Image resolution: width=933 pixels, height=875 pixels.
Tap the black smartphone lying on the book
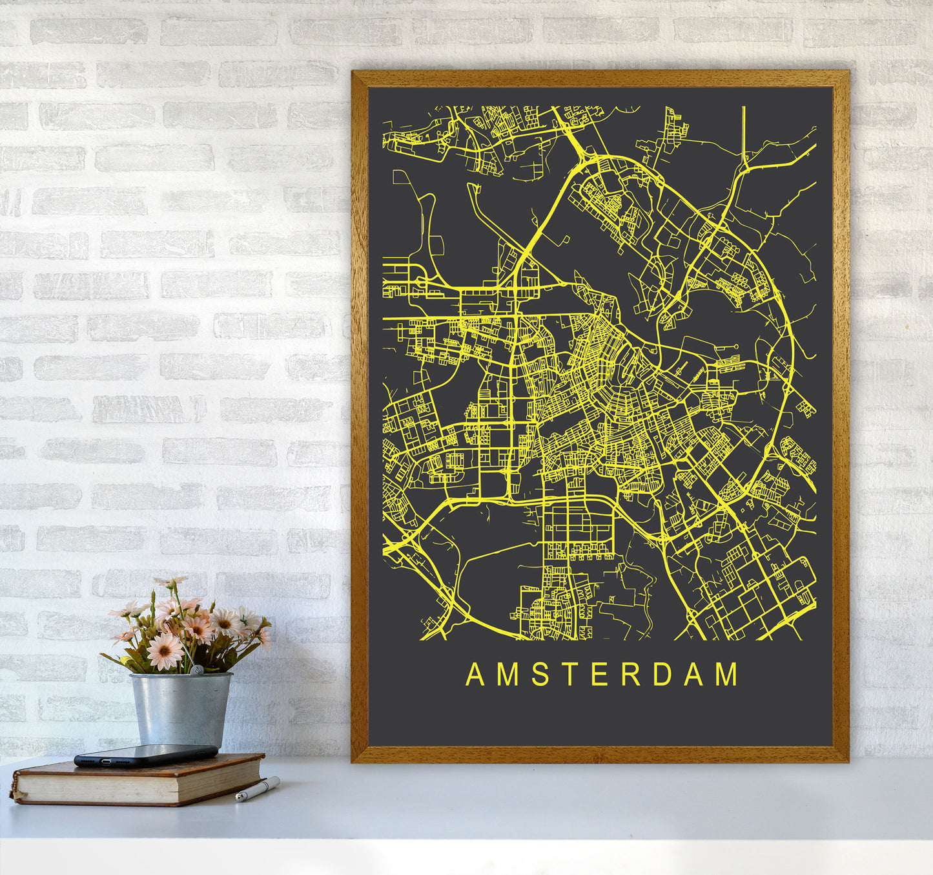(x=146, y=755)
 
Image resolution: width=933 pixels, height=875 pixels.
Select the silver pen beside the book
(x=258, y=789)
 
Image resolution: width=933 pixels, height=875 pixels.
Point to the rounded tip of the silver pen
(x=239, y=799)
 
